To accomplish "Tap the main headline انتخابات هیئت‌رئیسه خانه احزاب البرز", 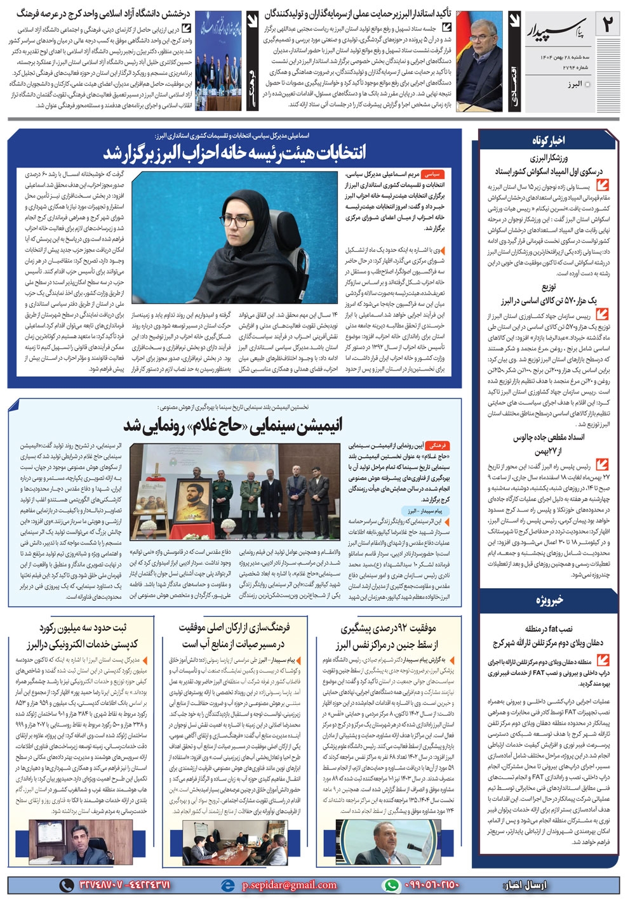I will [234, 153].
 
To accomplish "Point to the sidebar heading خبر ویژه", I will [548, 600].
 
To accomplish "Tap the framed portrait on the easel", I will [189, 492].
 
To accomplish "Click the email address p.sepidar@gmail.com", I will [289, 885].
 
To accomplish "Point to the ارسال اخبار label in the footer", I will [525, 885].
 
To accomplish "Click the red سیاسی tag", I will [433, 173].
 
